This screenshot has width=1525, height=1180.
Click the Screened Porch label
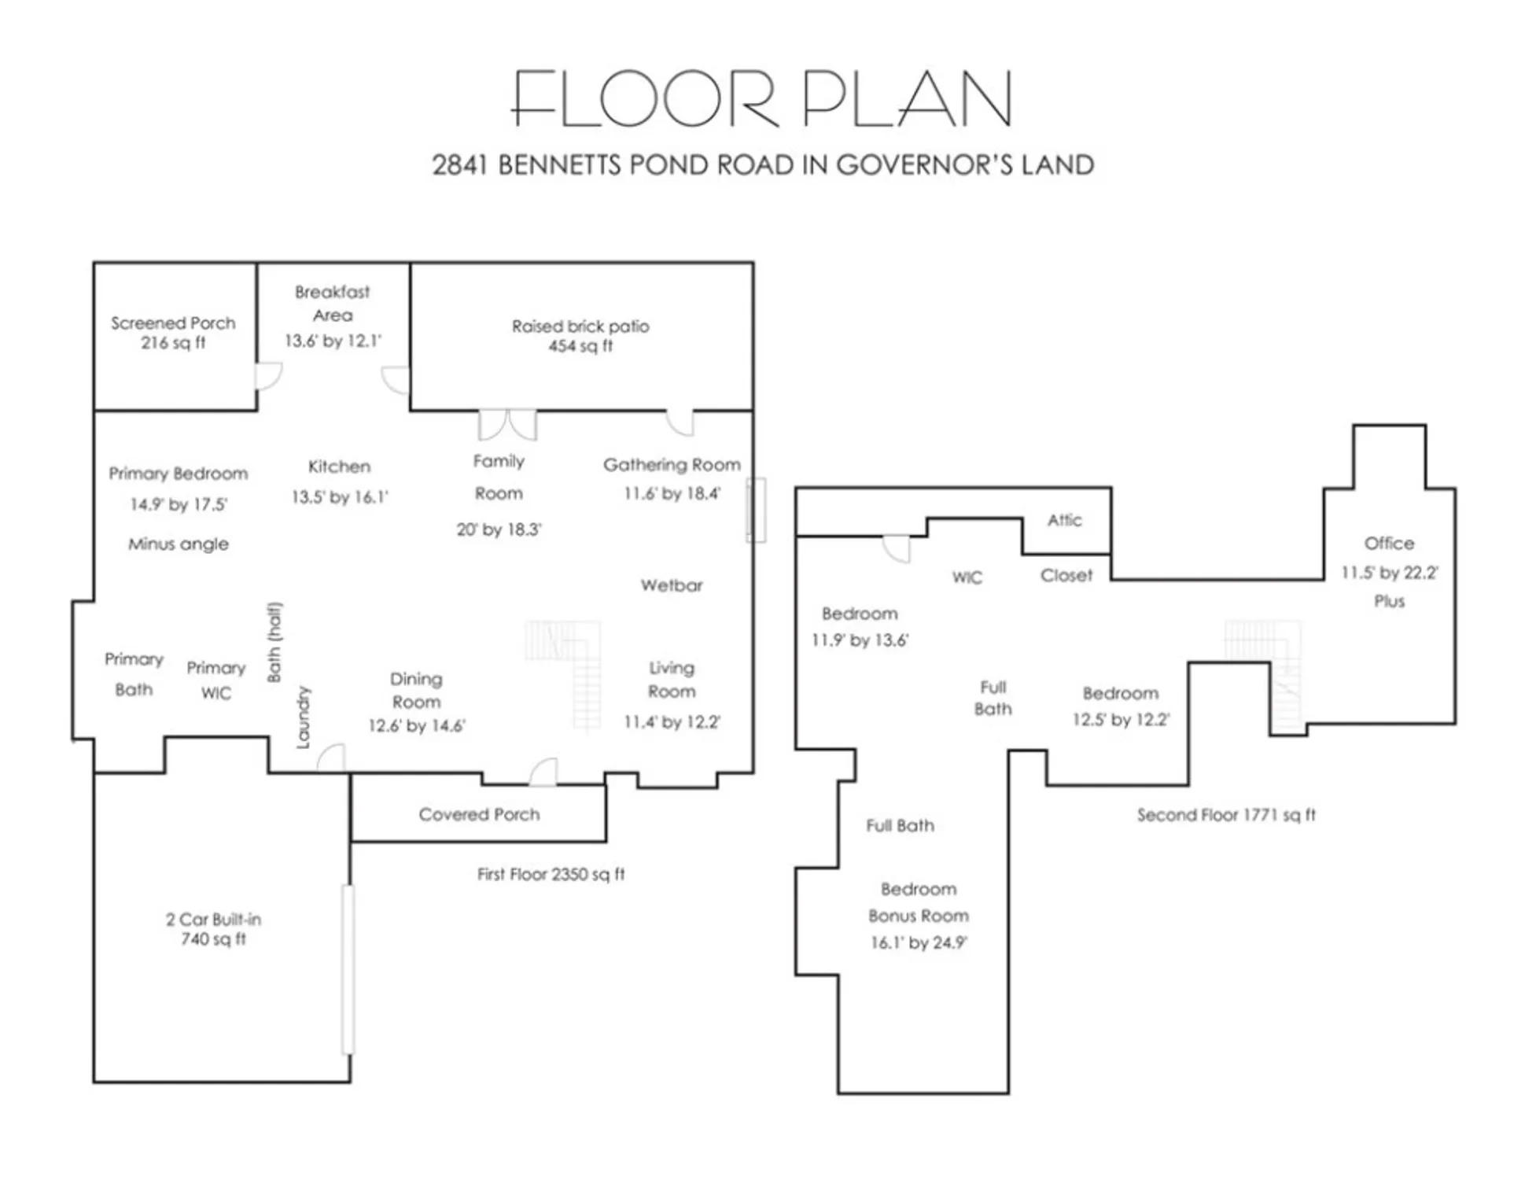coord(173,323)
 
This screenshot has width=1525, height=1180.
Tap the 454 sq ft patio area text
coord(580,346)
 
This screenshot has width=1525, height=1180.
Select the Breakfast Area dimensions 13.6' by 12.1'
coord(333,341)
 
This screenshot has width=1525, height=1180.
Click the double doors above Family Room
coord(507,425)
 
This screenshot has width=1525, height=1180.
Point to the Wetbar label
coord(671,585)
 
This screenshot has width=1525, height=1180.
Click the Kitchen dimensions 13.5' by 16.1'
coord(340,497)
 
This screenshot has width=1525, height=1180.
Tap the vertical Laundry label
coord(303,717)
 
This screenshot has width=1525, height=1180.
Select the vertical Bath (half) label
coord(274,642)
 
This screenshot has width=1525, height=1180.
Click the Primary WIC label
coord(216,680)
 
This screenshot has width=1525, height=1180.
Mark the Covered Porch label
coord(479,814)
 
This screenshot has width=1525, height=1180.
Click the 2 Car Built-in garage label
coord(213,919)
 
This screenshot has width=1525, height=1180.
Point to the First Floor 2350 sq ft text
coord(551,874)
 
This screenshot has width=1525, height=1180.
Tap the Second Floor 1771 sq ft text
coord(1225,815)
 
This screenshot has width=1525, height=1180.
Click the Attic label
coord(1064,520)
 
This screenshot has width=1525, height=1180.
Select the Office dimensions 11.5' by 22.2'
coord(1389,573)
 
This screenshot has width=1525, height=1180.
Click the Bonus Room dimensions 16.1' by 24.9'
coord(918,942)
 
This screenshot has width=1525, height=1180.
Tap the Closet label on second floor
coord(1066,576)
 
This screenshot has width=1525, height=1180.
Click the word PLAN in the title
coord(907,99)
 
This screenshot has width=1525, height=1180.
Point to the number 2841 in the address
coord(460,165)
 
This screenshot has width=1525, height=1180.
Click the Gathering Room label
coord(672,465)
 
